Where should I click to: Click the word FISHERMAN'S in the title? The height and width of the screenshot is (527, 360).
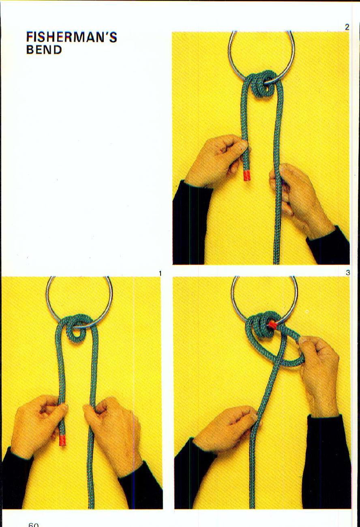click(71, 37)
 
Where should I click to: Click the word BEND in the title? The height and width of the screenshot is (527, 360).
click(44, 50)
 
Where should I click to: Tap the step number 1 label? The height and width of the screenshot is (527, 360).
click(160, 274)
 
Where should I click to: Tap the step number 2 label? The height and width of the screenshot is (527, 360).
click(347, 27)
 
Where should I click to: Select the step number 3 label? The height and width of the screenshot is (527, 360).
click(347, 273)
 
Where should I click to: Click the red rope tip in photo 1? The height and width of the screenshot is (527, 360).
click(62, 440)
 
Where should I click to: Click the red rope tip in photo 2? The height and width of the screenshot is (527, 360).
click(246, 175)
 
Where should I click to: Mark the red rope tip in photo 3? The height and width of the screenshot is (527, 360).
click(273, 324)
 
